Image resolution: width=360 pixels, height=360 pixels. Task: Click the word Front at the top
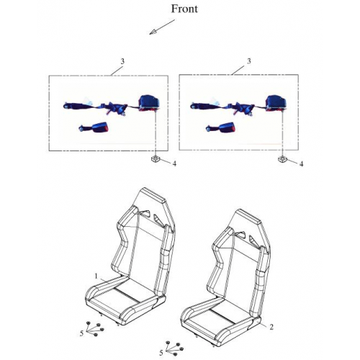184,9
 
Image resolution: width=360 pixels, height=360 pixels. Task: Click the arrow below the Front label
161,29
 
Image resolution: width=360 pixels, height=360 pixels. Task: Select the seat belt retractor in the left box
149,103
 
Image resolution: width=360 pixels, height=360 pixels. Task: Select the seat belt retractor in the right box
276,103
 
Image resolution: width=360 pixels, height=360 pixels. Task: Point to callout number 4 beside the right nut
301,164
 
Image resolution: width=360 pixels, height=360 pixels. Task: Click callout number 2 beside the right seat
271,326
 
